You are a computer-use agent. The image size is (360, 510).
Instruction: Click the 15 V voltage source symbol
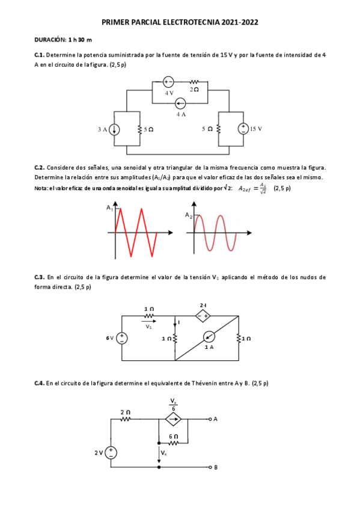click(244, 128)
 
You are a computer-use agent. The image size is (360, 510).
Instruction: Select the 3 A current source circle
click(114, 129)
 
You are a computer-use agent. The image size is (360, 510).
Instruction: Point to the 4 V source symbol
click(169, 82)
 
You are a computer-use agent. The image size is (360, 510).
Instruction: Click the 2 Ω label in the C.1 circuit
click(194, 90)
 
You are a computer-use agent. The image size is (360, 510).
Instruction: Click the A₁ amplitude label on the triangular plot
click(110, 207)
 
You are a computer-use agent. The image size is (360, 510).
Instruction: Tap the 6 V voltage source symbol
click(122, 338)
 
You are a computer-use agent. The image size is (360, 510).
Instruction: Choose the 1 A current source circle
click(209, 336)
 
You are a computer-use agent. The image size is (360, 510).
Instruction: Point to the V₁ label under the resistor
click(149, 327)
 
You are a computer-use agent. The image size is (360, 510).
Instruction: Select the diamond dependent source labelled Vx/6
click(174, 419)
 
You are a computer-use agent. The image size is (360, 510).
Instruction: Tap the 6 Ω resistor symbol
click(174, 441)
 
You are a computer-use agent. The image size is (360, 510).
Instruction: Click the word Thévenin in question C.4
click(207, 382)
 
